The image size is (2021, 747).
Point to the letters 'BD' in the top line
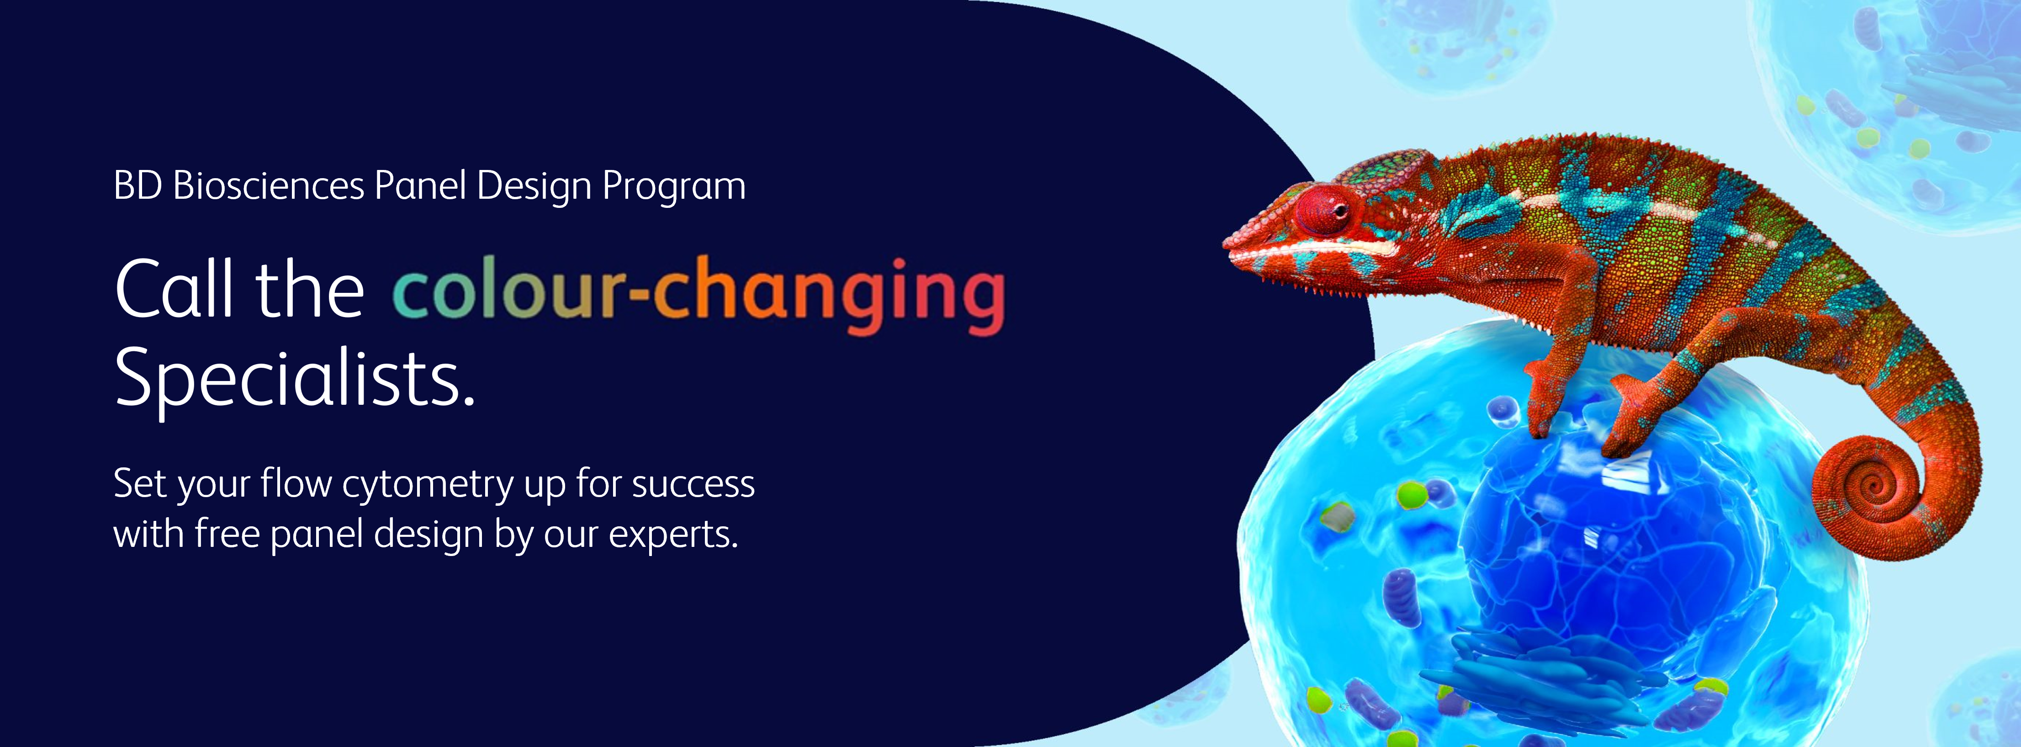(138, 187)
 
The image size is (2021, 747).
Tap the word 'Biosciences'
(268, 187)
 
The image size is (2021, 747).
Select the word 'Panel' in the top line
(421, 187)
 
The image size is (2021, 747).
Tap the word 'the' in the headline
(310, 289)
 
